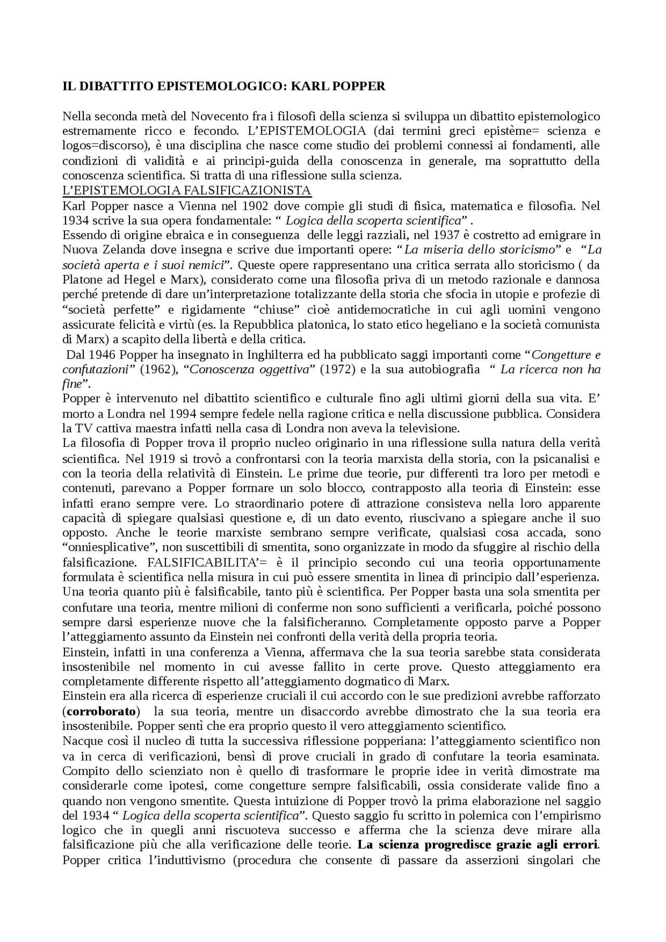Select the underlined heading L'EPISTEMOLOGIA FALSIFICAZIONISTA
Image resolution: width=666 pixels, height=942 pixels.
(x=186, y=190)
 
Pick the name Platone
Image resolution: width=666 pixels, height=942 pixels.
(x=82, y=279)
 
